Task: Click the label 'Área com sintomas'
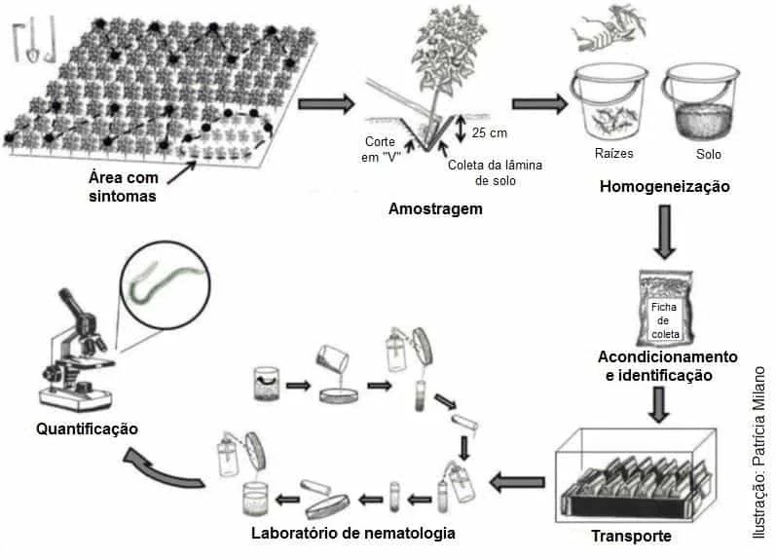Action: point(122,186)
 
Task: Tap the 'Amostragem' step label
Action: point(435,208)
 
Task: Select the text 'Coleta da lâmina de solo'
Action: point(495,171)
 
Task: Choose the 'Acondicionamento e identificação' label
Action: point(667,365)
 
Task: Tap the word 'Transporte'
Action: point(631,536)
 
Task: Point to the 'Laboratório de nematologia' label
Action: point(352,533)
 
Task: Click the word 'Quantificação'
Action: point(87,429)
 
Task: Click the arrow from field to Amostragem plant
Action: point(325,102)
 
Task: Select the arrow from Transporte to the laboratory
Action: point(517,480)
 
